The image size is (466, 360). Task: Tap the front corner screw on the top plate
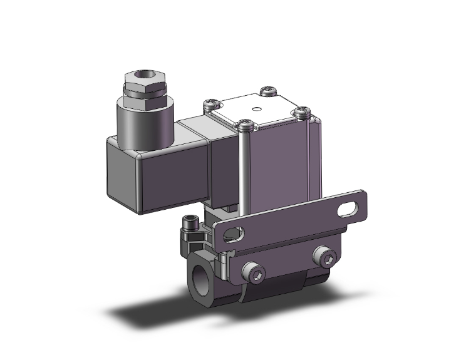click(x=246, y=128)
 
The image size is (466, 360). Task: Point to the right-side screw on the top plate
click(x=304, y=113)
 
